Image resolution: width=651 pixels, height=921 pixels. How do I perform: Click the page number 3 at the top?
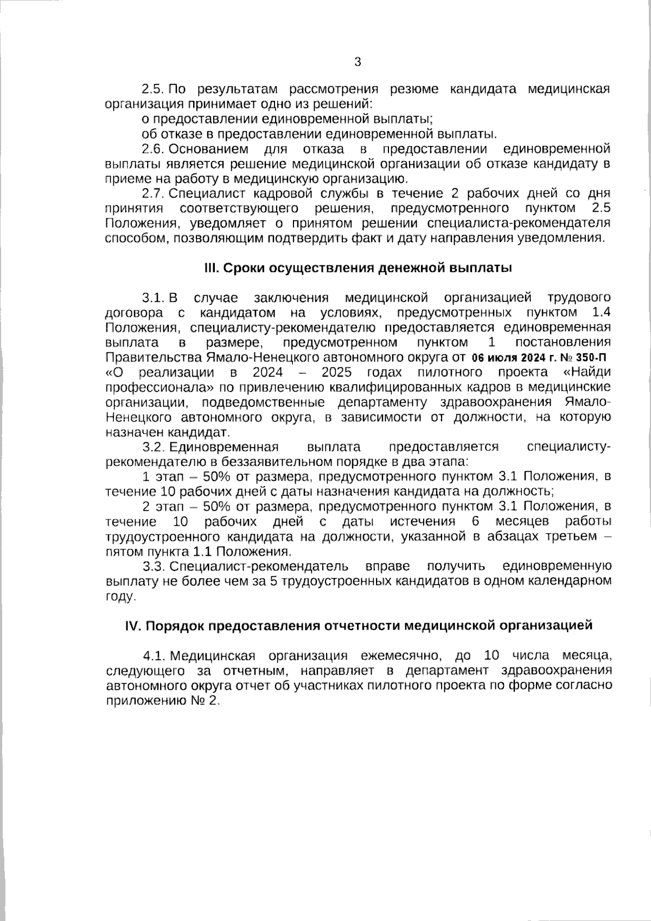pos(357,62)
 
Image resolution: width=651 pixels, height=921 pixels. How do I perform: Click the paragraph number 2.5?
pos(153,89)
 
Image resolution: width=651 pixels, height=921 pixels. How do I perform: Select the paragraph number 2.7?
pos(153,194)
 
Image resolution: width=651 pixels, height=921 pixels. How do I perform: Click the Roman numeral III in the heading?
pos(210,268)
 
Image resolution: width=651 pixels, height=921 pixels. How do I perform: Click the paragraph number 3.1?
pos(153,298)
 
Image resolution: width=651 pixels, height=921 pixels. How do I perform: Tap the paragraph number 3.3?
pos(153,567)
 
